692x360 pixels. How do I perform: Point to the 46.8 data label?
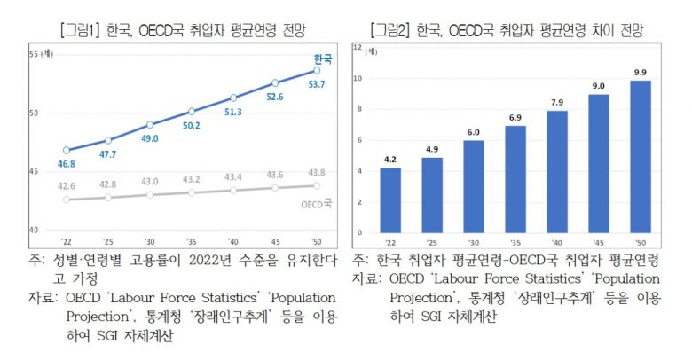(x=67, y=164)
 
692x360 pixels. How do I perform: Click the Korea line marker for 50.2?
(x=191, y=111)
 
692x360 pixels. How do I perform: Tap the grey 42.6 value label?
(x=67, y=186)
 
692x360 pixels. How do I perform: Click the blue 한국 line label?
(x=323, y=59)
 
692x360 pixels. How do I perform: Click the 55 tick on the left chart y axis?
(x=35, y=55)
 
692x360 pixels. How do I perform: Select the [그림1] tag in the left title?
(x=85, y=30)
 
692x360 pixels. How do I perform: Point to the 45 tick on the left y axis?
(x=35, y=172)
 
